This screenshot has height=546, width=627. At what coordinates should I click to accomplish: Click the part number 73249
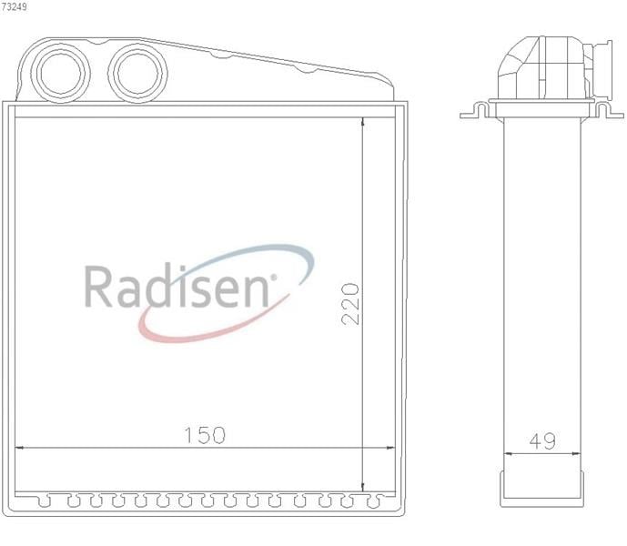click(x=14, y=6)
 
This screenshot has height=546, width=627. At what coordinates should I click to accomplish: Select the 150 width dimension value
click(x=205, y=435)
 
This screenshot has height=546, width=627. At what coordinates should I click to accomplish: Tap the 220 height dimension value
click(x=350, y=304)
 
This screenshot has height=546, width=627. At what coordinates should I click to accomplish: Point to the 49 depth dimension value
click(x=542, y=440)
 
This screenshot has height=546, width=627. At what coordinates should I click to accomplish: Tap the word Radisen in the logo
click(x=177, y=286)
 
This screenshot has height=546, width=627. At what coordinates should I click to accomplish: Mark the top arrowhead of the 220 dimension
click(x=362, y=121)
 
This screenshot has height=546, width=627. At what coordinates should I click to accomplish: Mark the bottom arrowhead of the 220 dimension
click(x=362, y=488)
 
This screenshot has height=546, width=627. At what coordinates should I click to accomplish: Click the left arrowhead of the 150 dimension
click(x=19, y=448)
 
